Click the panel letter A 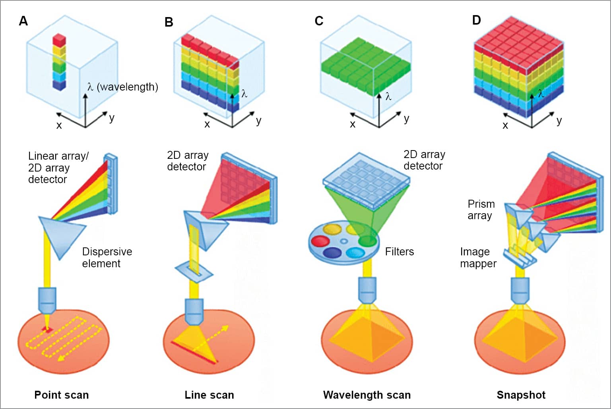click(x=23, y=21)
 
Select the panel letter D click(x=476, y=20)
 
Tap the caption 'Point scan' click(x=62, y=395)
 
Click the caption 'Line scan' click(x=209, y=395)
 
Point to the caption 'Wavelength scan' click(x=367, y=395)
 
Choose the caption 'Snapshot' click(x=521, y=395)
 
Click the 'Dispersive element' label click(x=107, y=257)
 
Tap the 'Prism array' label click(x=481, y=210)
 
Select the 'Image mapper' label click(x=478, y=257)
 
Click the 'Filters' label click(x=399, y=251)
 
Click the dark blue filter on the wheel click(x=332, y=253)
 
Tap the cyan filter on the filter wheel click(x=355, y=253)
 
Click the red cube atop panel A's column click(x=59, y=39)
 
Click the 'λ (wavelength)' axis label click(x=122, y=87)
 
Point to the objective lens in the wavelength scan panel click(x=368, y=290)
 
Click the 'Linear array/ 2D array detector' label click(x=58, y=168)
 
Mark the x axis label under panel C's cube click(x=352, y=124)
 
